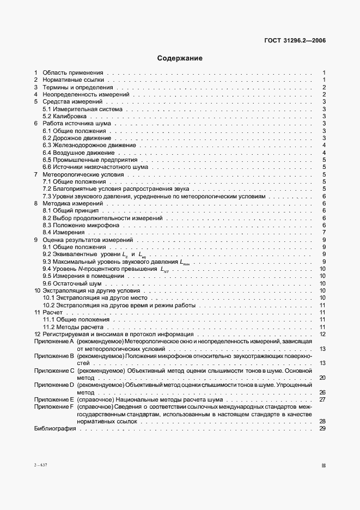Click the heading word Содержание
tap(180, 58)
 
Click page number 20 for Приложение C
tap(322, 378)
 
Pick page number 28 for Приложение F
tap(322, 421)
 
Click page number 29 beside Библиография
tap(322, 429)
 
